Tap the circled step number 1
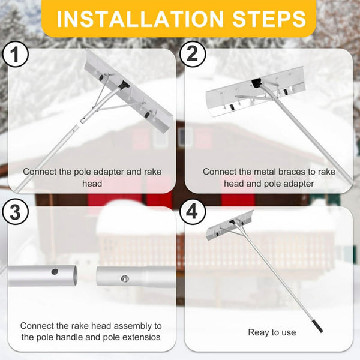(x=16, y=56)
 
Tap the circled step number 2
(x=192, y=56)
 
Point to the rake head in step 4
(x=229, y=225)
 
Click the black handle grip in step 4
(x=316, y=326)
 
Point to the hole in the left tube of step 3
(x=55, y=271)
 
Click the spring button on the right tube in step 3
(x=124, y=277)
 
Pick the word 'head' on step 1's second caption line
(x=92, y=184)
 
